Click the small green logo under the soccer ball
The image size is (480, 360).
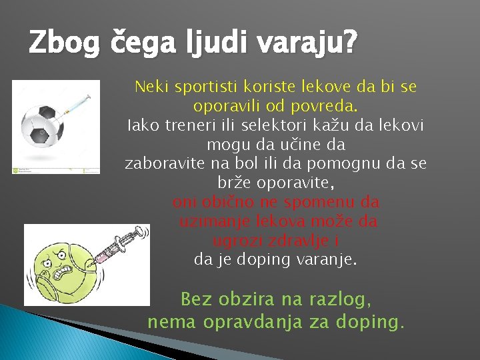click(16, 170)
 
